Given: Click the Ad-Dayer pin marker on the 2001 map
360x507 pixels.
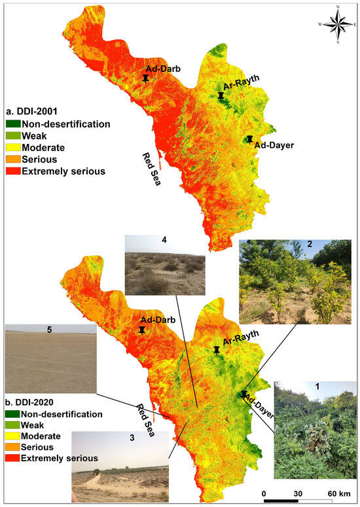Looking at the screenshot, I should tap(249, 139).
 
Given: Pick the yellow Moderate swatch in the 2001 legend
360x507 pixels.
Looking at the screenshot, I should tap(12, 148).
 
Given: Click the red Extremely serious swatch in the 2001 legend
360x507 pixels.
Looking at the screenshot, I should tap(12, 171).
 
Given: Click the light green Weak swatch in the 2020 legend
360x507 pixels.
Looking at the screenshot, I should tap(12, 425).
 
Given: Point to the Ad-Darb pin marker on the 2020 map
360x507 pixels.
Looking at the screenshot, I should tap(141, 331).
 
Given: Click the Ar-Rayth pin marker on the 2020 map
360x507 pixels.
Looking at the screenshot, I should tap(217, 351).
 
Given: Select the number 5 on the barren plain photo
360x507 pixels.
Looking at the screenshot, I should tap(50, 330).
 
